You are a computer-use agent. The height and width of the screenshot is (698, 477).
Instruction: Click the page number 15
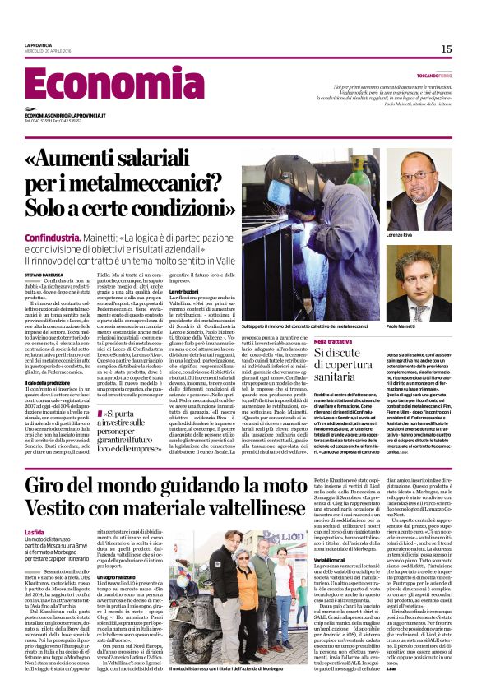(x=447, y=49)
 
